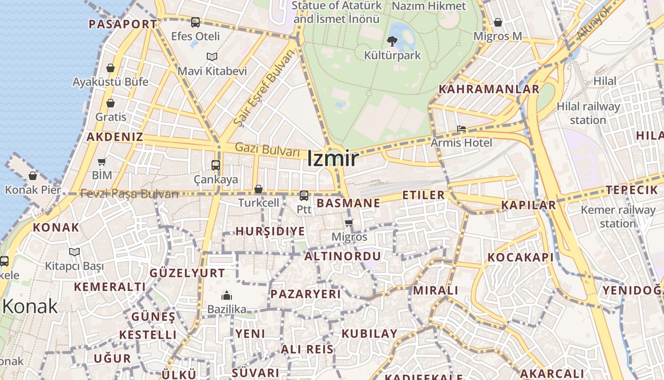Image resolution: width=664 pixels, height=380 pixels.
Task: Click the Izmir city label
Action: point(332,158)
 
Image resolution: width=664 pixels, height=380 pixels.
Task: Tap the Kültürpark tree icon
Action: point(392,41)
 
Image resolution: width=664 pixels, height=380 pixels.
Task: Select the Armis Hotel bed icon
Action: point(461,129)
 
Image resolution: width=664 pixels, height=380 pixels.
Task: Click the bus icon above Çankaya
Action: point(216,165)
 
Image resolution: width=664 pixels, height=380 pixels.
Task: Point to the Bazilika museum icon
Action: point(227,295)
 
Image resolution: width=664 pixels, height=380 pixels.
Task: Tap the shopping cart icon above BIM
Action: point(102,161)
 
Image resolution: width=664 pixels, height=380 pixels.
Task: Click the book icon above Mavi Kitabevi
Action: point(212,57)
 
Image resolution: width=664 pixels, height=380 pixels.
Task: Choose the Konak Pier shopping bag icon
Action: point(33,176)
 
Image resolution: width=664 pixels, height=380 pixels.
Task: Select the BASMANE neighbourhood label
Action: point(348,203)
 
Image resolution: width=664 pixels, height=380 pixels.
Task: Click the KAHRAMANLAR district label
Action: point(489,89)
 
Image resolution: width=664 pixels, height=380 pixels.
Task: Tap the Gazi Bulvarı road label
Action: point(268,150)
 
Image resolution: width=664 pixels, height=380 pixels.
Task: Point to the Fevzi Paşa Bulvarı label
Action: point(129,194)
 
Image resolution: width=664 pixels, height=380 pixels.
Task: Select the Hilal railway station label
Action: point(588,113)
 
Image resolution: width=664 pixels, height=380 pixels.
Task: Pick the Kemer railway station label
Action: point(618,216)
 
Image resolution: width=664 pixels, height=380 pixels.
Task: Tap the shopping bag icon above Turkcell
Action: point(258,189)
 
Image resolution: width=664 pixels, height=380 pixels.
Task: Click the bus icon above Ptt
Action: point(304,195)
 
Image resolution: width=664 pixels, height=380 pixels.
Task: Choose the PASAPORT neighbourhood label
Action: point(123,24)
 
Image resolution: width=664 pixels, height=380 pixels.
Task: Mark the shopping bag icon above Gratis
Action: point(111,103)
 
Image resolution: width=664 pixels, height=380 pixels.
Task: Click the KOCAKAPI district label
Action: point(521,257)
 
